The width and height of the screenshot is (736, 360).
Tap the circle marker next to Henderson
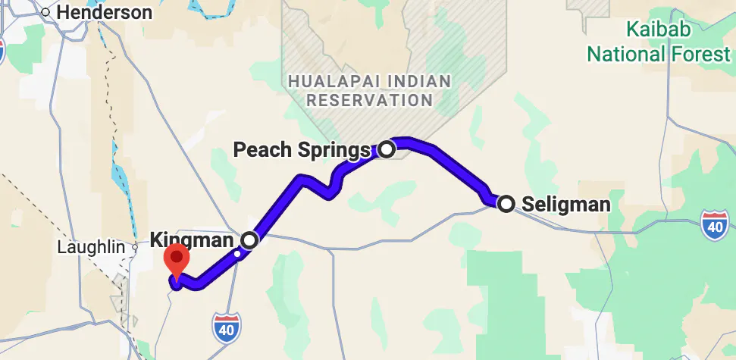pos(46,12)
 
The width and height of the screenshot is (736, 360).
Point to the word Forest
pos(700,55)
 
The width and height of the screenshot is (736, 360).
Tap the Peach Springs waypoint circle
pos(387,149)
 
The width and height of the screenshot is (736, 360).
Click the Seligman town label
pos(565,204)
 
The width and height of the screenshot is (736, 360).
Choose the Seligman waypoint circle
pos(506,202)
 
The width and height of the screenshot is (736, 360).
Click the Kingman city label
pos(193,240)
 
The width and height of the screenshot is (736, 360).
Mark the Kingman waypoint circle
pos(249,240)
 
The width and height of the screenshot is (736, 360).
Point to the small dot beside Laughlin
pos(135,247)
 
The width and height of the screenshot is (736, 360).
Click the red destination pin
pos(177,260)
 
